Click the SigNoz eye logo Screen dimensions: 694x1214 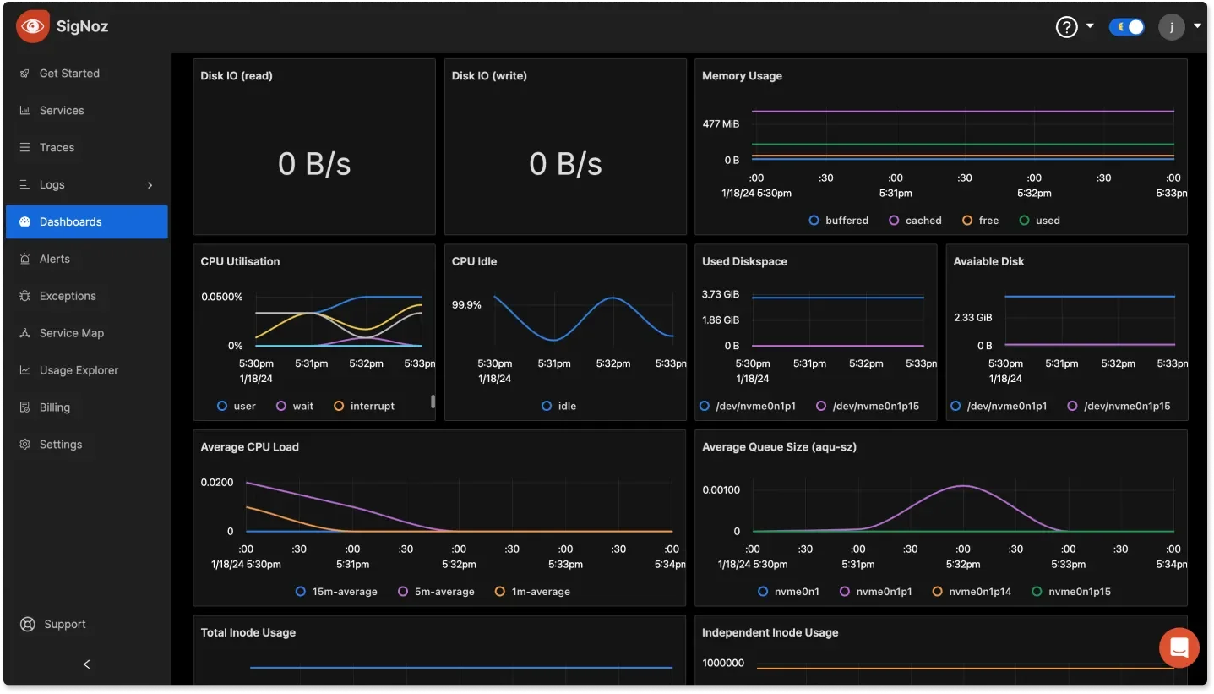tap(33, 26)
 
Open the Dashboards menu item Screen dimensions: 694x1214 tap(70, 221)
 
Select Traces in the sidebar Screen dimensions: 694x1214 tap(57, 147)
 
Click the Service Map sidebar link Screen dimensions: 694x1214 tap(71, 333)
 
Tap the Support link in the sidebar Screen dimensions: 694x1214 tap(64, 624)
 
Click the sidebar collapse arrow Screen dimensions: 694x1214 tap(86, 664)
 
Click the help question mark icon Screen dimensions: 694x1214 tap(1067, 27)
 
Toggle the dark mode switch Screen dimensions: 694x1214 tap(1127, 27)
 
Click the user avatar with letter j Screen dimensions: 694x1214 tap(1172, 27)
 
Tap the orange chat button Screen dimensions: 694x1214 tap(1179, 648)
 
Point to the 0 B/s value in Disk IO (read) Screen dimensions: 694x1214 tap(314, 163)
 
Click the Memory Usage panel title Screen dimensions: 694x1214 tap(742, 76)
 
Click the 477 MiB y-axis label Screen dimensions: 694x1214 tap(721, 124)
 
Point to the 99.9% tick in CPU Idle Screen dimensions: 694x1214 tap(466, 305)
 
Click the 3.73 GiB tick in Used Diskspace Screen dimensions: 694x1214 tap(721, 294)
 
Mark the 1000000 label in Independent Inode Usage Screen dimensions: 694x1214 tap(723, 664)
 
